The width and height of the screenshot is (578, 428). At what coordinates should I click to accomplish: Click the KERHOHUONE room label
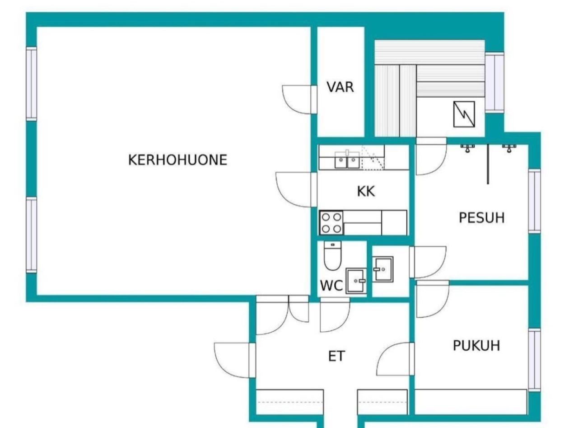(x=177, y=160)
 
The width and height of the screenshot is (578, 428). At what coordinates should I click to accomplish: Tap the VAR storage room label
(x=340, y=87)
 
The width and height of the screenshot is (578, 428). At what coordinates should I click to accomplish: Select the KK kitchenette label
(x=366, y=191)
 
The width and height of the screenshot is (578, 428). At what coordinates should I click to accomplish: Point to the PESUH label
(x=481, y=218)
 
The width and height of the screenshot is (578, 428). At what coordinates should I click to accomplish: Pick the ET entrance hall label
(x=336, y=357)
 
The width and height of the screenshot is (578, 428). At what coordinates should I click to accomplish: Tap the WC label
(x=331, y=286)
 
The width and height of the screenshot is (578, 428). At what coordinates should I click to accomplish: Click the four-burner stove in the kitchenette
(x=331, y=223)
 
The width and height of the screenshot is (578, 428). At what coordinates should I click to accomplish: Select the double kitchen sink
(x=347, y=160)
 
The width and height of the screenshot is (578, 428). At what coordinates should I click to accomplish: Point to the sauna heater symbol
(x=464, y=113)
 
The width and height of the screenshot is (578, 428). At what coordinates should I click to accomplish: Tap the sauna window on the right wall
(x=494, y=82)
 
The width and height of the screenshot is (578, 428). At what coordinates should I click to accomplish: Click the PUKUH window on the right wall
(x=534, y=359)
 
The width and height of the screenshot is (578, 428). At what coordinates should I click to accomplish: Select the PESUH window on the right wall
(x=534, y=201)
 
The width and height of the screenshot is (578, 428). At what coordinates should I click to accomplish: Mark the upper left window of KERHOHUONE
(x=31, y=84)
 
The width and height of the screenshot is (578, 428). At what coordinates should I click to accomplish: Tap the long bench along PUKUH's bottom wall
(x=471, y=402)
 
